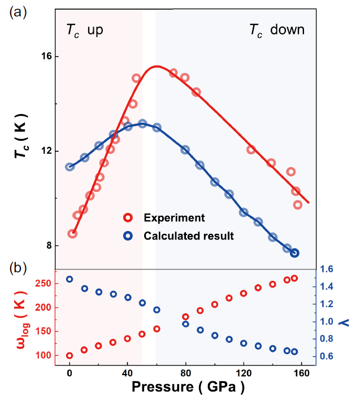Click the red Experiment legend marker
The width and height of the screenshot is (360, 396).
pyautogui.click(x=128, y=217)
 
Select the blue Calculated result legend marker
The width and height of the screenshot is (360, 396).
pyautogui.click(x=128, y=236)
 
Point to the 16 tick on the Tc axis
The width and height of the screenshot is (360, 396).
pyautogui.click(x=45, y=56)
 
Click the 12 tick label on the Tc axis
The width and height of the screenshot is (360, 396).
pyautogui.click(x=45, y=151)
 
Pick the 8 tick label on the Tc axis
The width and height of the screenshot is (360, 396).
pyautogui.click(x=47, y=246)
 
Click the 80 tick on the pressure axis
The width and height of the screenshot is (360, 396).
pyautogui.click(x=185, y=373)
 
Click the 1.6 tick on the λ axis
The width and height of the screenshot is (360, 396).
pyautogui.click(x=328, y=269)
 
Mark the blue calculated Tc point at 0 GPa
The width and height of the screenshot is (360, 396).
pyautogui.click(x=70, y=167)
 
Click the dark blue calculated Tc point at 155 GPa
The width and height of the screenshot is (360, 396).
pyautogui.click(x=294, y=253)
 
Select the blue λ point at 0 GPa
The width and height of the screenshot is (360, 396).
pyautogui.click(x=70, y=279)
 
